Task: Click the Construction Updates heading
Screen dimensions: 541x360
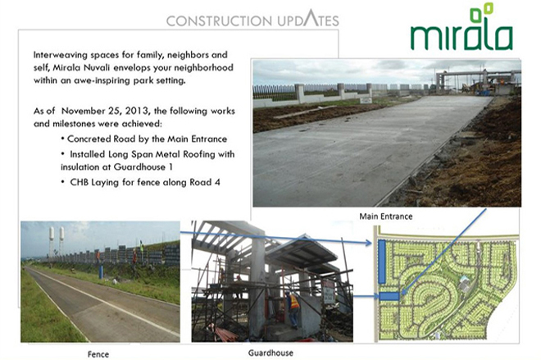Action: pyautogui.click(x=252, y=19)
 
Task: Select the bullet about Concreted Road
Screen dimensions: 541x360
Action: pyautogui.click(x=144, y=139)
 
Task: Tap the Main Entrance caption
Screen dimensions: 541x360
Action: pyautogui.click(x=386, y=216)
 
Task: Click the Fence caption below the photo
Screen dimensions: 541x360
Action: pyautogui.click(x=98, y=354)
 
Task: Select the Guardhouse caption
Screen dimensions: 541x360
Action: pyautogui.click(x=270, y=353)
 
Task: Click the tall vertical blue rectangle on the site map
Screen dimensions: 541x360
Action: pyautogui.click(x=382, y=262)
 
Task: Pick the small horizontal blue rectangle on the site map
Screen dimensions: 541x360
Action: pyautogui.click(x=389, y=297)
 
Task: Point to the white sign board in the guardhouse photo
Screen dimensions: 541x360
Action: pyautogui.click(x=329, y=292)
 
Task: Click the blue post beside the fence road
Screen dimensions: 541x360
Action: pyautogui.click(x=101, y=271)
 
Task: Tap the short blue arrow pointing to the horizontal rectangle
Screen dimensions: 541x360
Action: pyautogui.click(x=366, y=296)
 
